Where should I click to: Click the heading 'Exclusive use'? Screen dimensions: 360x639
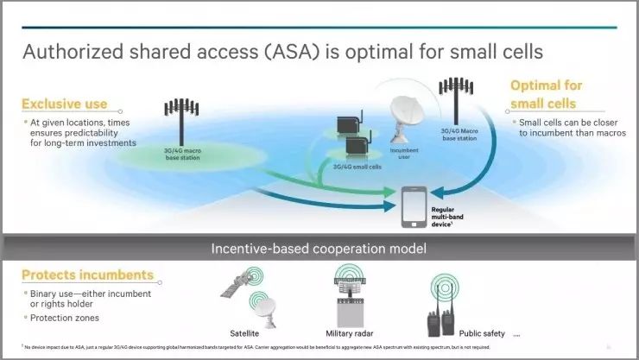[65, 104]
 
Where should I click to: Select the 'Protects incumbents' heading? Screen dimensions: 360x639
[87, 275]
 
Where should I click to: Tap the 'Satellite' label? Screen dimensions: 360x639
[247, 332]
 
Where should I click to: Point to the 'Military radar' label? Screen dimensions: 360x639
[349, 332]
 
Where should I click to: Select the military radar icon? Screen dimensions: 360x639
[350, 298]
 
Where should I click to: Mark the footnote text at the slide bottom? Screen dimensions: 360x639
[242, 347]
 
